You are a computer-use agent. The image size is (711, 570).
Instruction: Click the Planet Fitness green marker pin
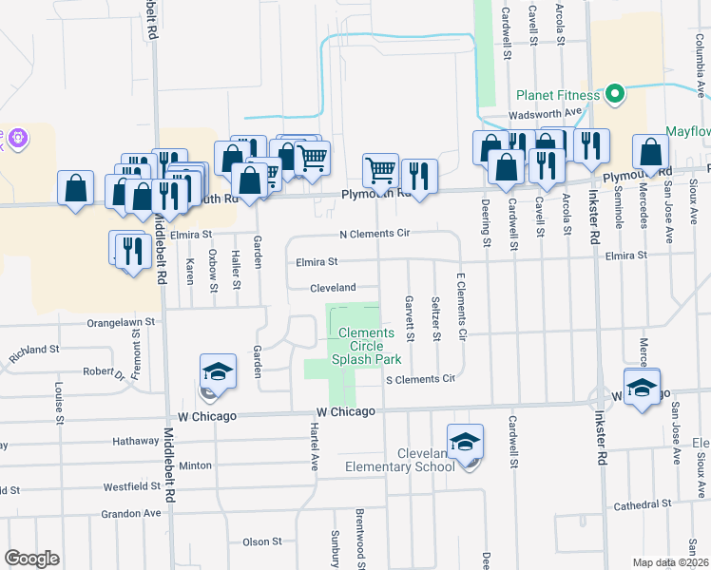615,94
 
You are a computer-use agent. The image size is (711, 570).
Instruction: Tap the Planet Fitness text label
558,95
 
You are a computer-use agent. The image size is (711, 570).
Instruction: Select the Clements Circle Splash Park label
366,346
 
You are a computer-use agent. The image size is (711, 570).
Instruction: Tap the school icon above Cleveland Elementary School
465,443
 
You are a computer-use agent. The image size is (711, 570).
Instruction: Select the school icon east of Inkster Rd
642,387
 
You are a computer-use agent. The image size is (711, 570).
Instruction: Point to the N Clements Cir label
375,234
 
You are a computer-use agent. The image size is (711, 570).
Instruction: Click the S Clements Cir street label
419,379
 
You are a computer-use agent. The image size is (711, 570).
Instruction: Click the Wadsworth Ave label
545,112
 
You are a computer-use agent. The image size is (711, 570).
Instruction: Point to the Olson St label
262,541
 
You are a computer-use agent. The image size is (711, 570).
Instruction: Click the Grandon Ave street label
131,513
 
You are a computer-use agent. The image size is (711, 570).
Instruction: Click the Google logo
31,559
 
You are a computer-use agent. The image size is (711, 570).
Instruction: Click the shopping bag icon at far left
75,188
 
